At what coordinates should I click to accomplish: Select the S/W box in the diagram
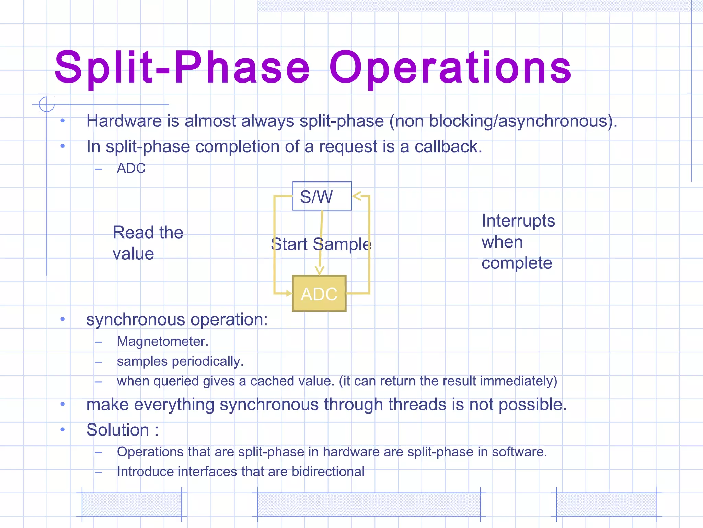(x=322, y=196)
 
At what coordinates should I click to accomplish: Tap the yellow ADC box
(x=319, y=294)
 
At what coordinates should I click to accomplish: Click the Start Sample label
(x=321, y=244)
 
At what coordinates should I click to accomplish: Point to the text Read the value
(x=148, y=243)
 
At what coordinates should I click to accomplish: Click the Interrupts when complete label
(x=518, y=242)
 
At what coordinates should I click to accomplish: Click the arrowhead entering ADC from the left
(x=289, y=293)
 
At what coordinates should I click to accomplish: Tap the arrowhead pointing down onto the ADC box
(x=320, y=271)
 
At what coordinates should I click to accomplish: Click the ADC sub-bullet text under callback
(x=131, y=168)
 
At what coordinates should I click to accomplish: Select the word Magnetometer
(x=162, y=341)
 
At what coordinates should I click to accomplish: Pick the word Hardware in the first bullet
(x=124, y=121)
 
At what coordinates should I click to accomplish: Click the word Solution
(x=118, y=430)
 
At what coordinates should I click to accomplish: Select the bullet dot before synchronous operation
(x=62, y=319)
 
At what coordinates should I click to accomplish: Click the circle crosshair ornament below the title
(x=47, y=104)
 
